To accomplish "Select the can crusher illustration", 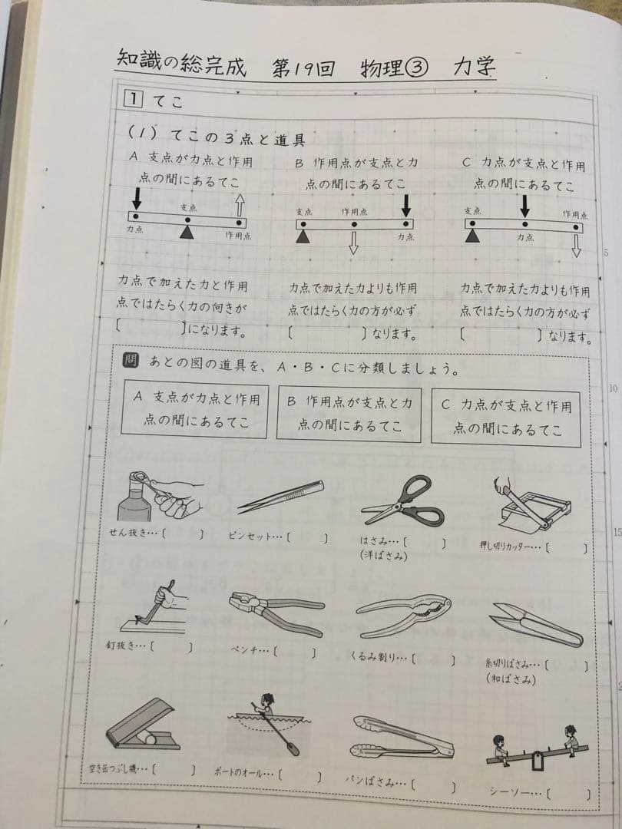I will tap(143, 726).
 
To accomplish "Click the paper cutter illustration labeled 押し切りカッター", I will tap(533, 506).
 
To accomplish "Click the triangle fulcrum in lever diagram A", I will tap(186, 232).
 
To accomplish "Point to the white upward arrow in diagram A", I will tap(240, 204).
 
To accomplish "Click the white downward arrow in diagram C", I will tap(576, 246).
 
